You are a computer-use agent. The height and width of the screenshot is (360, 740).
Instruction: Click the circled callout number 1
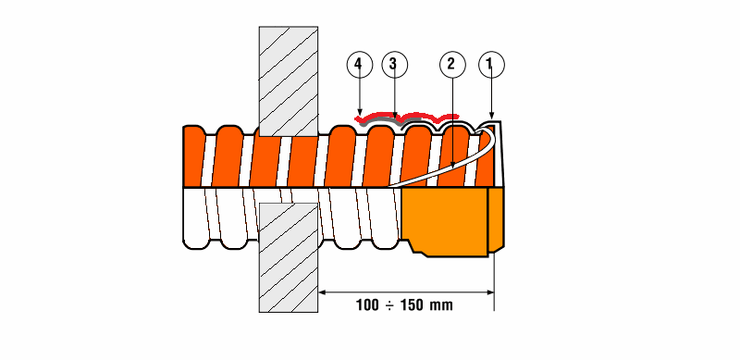click(491, 64)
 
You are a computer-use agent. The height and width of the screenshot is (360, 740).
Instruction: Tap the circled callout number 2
click(452, 64)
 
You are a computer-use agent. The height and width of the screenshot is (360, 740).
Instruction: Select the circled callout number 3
click(394, 64)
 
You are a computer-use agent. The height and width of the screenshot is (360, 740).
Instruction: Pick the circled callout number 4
click(359, 64)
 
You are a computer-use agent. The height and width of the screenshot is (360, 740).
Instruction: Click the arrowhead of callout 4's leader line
click(360, 112)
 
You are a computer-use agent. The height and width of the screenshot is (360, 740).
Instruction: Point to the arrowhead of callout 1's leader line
click(491, 116)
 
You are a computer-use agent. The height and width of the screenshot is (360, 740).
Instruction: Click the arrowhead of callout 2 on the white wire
click(452, 165)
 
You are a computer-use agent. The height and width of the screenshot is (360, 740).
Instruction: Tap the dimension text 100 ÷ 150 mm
click(404, 305)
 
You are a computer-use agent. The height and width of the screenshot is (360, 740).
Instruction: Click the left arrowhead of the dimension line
click(322, 292)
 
